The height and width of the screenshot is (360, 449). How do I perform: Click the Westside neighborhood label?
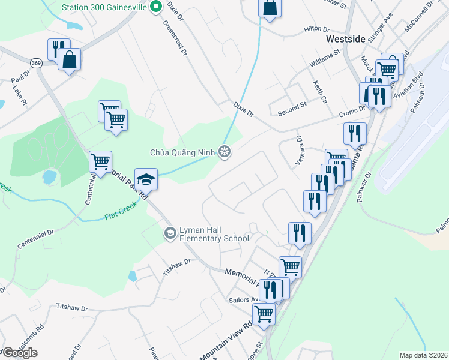pos(345,38)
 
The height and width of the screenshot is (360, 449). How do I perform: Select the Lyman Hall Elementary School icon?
pos(170,232)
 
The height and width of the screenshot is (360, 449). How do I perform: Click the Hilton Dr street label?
pos(317,29)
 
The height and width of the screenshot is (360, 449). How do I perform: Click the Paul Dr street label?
pos(20,76)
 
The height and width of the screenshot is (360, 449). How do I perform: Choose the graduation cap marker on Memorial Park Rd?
pos(145,179)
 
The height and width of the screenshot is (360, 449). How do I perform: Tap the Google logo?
pos(19,353)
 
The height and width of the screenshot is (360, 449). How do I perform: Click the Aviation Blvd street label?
pos(415,82)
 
